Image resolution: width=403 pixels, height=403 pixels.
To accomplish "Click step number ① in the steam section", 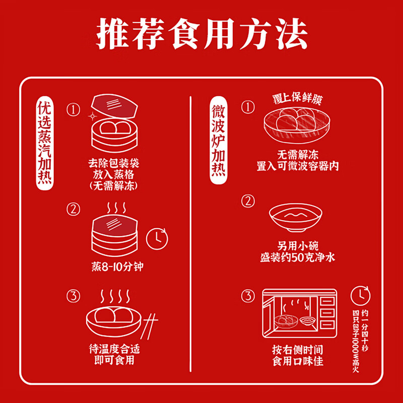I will coord(74,109).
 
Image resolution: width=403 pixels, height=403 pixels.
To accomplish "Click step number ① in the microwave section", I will coord(247,107).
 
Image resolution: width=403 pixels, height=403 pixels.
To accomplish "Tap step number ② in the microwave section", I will coord(247,201).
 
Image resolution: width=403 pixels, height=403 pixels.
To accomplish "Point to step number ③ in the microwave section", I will coord(247,295).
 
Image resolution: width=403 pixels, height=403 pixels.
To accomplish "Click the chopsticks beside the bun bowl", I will coord(150,322).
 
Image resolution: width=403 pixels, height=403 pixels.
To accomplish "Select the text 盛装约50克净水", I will coord(297,258).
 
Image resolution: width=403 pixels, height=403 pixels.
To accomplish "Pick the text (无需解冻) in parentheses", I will coord(114,185).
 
